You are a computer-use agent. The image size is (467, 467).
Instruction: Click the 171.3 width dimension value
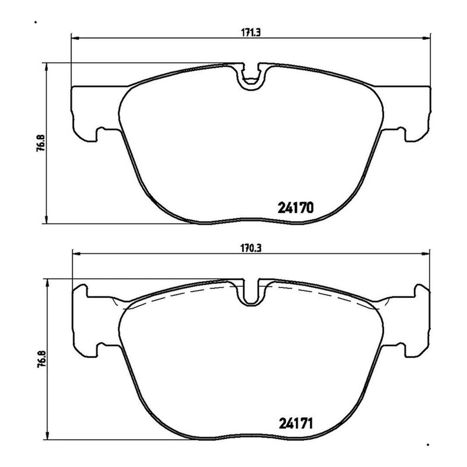click(x=251, y=32)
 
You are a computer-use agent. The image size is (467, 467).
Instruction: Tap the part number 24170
click(x=295, y=207)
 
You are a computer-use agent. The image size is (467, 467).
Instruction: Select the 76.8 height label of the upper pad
click(x=40, y=142)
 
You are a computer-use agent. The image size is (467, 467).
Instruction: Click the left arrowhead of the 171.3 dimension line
click(x=76, y=38)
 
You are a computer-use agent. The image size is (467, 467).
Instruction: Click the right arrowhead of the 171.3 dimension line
click(x=426, y=38)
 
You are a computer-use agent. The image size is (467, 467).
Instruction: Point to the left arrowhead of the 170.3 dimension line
click(x=77, y=254)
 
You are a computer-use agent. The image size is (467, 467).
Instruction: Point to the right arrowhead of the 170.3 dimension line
click(x=426, y=254)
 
